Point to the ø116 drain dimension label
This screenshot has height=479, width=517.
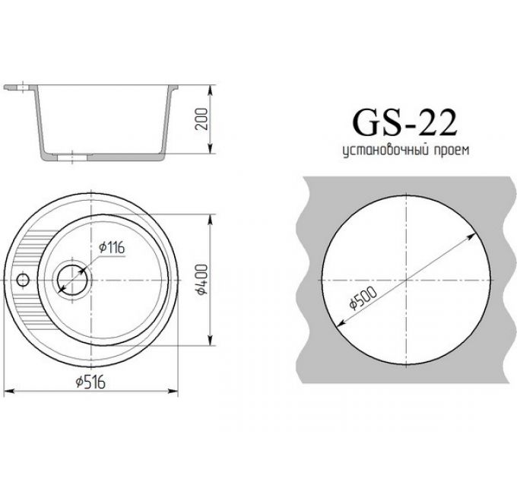tap(111, 249)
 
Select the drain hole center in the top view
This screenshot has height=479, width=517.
tap(73, 279)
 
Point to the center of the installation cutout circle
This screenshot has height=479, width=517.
tap(408, 279)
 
